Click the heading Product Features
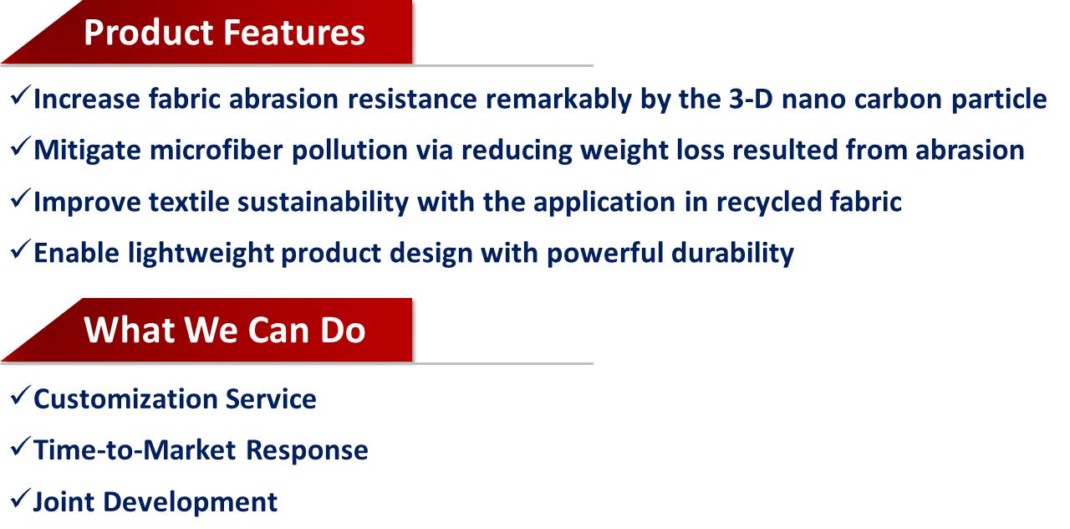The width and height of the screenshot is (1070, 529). click(225, 33)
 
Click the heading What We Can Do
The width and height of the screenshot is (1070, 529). click(225, 330)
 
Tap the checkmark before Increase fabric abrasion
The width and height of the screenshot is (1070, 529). click(21, 95)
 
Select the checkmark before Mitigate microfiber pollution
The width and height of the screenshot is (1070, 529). click(21, 146)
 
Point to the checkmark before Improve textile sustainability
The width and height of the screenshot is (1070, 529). click(21, 198)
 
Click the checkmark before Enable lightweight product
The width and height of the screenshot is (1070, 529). click(21, 249)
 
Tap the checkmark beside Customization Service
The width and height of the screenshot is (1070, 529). click(21, 396)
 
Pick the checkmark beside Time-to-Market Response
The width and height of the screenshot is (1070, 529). click(21, 447)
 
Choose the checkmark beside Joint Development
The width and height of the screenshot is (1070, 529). click(21, 498)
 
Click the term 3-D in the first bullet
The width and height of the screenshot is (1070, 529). click(751, 99)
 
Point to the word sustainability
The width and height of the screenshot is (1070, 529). click(324, 203)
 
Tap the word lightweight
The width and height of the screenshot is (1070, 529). click(201, 254)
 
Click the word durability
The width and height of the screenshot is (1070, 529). click(733, 253)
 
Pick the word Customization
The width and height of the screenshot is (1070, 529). click(125, 399)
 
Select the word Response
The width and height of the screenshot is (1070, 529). click(307, 451)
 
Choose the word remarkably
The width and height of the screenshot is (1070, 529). click(559, 100)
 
